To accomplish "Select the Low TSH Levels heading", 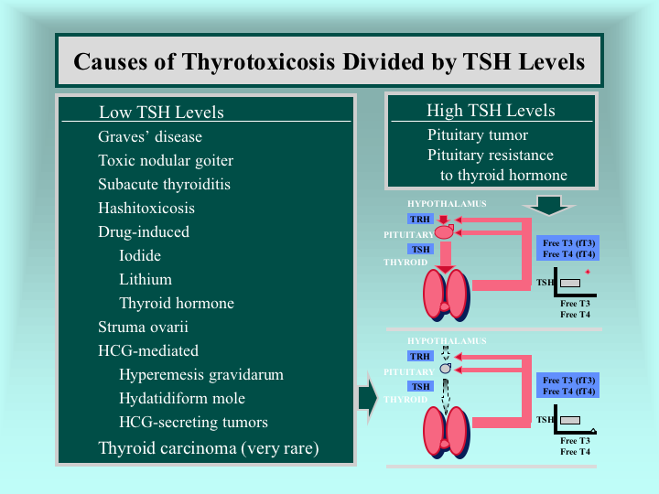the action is pos(161,113).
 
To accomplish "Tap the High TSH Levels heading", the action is pos(491,111).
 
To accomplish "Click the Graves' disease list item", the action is pos(150,136).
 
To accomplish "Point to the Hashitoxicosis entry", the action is pos(146,208).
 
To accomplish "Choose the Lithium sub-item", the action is pos(146,279).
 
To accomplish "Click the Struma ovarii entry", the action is pos(143,327).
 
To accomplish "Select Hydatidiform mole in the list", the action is pos(182,398).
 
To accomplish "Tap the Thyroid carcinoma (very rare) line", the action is pos(209,448).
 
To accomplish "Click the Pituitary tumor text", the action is pos(478,134).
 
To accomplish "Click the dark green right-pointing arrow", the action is pos(369,398).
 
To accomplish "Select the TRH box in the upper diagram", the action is pos(420,219).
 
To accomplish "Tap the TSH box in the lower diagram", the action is pos(421,386).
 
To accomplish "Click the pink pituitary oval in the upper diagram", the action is pos(444,232).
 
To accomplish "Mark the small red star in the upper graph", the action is pos(588,272).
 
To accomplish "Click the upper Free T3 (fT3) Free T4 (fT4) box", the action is pos(567,248).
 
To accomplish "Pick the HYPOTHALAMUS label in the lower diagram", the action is pos(447,341).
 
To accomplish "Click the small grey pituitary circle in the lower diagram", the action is pos(445,369).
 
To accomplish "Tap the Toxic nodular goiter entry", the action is pos(166,160).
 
